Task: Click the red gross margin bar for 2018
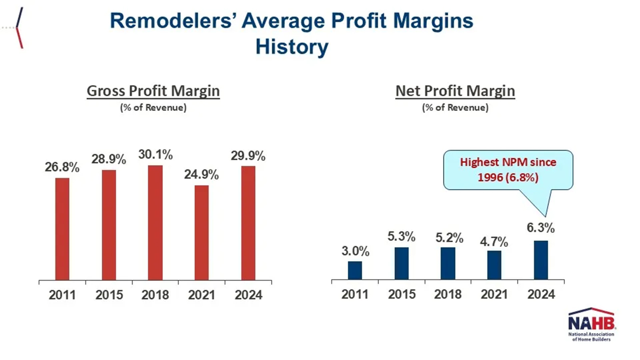coord(155,222)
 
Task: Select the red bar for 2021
coord(202,232)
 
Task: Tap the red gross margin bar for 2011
coord(62,229)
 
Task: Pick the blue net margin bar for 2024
coord(541,260)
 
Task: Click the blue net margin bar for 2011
coord(355,270)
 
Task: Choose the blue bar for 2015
coord(402,263)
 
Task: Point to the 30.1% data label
coord(156,154)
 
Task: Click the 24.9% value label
coord(201,174)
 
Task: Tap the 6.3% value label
coord(540,228)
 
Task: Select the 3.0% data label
coord(355,251)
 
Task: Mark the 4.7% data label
coord(494,242)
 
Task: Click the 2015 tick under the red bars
coord(109,295)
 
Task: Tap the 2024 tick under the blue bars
coord(541,294)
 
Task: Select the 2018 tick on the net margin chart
coord(448,294)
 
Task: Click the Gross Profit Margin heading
coord(153,91)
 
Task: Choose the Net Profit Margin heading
coord(455,91)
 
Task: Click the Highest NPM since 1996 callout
coord(508,170)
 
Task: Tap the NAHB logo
coord(591,324)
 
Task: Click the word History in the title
coord(292,47)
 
